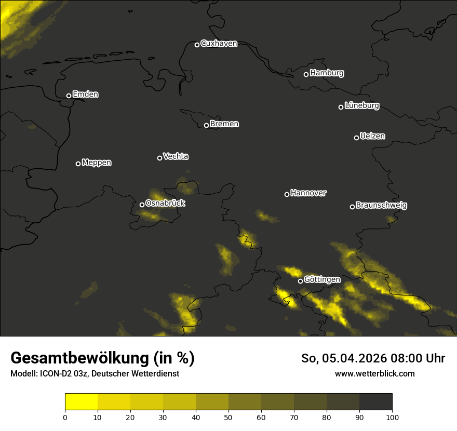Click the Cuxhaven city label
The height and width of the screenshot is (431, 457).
(x=219, y=44)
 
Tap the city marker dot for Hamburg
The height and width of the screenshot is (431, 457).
(x=306, y=74)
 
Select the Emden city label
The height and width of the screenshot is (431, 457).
(x=85, y=95)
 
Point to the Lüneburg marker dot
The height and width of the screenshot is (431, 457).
(x=341, y=107)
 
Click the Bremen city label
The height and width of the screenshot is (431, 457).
(x=224, y=124)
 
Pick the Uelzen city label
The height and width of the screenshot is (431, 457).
(x=372, y=136)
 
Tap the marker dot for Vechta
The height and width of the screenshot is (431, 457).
(x=159, y=158)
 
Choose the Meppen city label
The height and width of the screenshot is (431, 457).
(x=97, y=163)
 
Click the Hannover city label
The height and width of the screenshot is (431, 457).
(x=308, y=193)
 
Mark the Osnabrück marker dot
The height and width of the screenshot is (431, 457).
(x=142, y=205)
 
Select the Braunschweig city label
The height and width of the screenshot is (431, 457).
(x=381, y=206)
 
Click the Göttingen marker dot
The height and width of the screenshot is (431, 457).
(x=300, y=281)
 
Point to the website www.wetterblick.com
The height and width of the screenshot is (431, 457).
(x=375, y=373)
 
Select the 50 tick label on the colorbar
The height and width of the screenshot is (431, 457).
(x=228, y=417)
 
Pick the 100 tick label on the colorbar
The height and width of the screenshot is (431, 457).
(x=392, y=417)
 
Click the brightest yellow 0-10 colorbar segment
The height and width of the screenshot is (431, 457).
(x=81, y=402)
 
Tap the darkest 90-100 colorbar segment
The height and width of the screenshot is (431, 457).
(x=375, y=402)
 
